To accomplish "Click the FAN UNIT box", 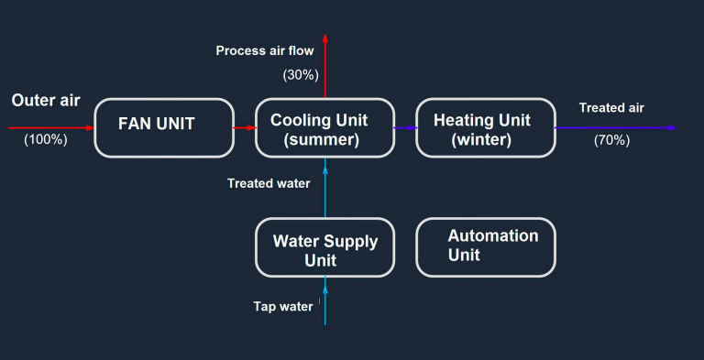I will (x=164, y=127).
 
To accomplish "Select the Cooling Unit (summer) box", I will (x=324, y=127).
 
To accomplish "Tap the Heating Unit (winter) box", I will (x=485, y=127).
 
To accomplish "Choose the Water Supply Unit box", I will (x=324, y=247).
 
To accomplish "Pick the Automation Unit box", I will (x=485, y=247).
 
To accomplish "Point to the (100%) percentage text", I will (x=46, y=140).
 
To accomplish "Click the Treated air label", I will (x=611, y=108).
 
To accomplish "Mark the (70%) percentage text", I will (x=611, y=140).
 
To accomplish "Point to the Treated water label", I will (x=269, y=183).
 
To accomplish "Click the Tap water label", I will (x=283, y=306).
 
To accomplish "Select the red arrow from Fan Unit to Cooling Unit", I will (x=244, y=128).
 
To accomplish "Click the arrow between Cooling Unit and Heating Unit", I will (x=405, y=128).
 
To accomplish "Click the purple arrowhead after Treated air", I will (x=672, y=128).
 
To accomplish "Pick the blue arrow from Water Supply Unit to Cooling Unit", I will (x=325, y=188).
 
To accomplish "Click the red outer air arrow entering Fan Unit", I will (x=50, y=128).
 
